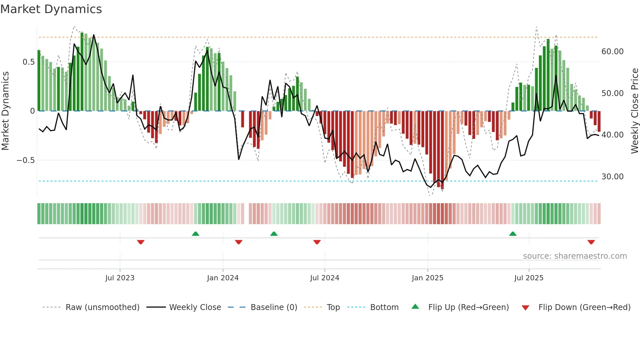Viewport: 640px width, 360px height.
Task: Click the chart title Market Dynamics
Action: [51, 9]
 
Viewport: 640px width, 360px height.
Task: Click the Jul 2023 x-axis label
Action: [120, 278]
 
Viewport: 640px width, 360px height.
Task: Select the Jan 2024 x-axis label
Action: [223, 278]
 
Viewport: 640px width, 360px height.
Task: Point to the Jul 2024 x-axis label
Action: [325, 278]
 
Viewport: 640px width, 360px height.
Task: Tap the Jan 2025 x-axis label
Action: [427, 278]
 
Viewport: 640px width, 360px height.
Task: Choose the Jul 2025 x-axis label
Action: [529, 278]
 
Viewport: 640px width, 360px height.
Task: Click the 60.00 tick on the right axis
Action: [612, 52]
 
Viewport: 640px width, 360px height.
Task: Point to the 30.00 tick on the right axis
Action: [612, 177]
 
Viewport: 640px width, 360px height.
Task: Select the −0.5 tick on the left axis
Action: [25, 160]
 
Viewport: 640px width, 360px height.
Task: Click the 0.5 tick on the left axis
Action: [28, 62]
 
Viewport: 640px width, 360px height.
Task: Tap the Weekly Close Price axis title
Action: [634, 111]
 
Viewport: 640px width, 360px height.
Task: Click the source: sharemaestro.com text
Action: [575, 256]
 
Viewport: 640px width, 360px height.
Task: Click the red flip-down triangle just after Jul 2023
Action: [141, 242]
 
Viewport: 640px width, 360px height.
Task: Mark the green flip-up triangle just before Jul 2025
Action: [513, 234]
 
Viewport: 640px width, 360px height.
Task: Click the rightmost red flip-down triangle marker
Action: [591, 242]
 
